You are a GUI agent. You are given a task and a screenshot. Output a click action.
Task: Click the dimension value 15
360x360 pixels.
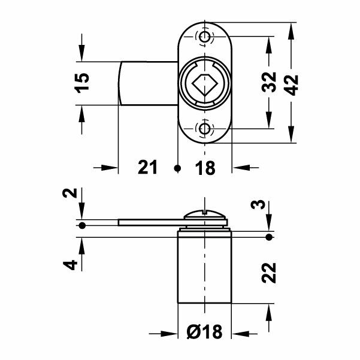[83, 83]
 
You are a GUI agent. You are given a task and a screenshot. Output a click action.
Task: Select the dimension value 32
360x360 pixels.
[269, 82]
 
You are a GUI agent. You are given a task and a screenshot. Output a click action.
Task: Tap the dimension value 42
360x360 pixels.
[292, 85]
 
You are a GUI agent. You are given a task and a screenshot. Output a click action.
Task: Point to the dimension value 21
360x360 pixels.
[147, 167]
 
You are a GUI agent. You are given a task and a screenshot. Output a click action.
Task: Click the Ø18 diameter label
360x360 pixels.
[205, 331]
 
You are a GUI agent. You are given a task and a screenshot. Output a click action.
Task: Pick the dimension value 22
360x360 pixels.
[268, 273]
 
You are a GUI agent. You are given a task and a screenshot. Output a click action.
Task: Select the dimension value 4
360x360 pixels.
[70, 265]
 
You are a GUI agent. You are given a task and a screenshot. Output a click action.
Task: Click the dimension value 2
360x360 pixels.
[70, 193]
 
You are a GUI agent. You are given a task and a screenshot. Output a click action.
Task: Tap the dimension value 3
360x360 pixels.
[258, 205]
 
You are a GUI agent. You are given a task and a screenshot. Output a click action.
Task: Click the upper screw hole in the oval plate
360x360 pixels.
[204, 36]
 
